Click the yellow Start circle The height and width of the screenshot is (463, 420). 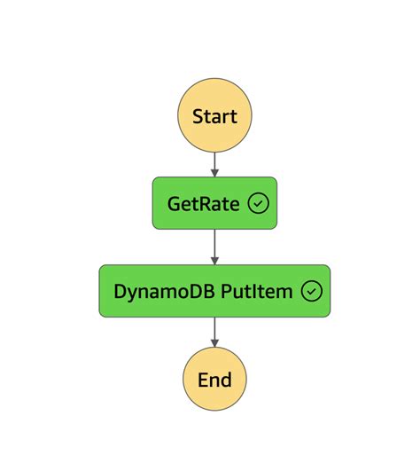click(214, 115)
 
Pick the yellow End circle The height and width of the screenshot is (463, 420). click(214, 380)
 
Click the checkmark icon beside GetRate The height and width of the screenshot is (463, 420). click(258, 203)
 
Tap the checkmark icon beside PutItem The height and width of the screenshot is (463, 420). click(311, 291)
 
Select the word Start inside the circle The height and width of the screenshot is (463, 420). click(214, 115)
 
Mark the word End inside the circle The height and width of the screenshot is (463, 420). click(214, 380)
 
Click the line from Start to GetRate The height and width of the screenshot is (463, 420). click(214, 160)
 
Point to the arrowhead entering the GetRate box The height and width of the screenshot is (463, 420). click(214, 172)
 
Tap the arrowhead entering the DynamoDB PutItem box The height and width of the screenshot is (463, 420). click(214, 260)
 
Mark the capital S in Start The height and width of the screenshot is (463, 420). click(198, 115)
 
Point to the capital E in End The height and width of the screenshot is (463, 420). click(203, 380)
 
